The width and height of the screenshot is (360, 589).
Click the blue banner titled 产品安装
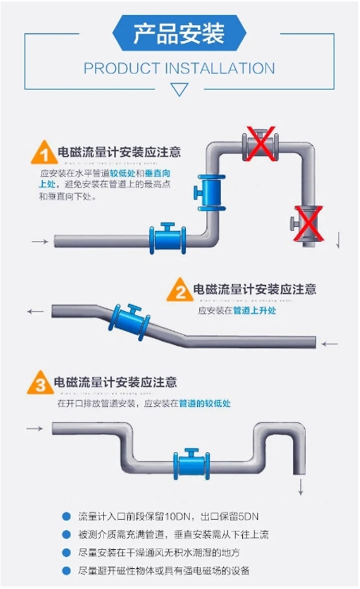179,33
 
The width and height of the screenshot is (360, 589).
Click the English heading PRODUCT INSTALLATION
179,68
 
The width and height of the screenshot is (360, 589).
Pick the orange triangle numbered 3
40,384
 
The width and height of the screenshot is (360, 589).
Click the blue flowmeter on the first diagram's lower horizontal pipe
168,238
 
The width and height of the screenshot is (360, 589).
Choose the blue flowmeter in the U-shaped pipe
192,464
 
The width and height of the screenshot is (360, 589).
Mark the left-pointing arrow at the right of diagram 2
330,344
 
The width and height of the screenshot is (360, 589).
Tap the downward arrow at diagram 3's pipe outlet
301,487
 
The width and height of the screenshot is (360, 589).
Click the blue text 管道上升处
255,311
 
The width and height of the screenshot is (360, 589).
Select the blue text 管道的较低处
205,403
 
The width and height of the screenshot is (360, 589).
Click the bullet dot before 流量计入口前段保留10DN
66,517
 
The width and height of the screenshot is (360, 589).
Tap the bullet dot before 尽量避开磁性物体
66,571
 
